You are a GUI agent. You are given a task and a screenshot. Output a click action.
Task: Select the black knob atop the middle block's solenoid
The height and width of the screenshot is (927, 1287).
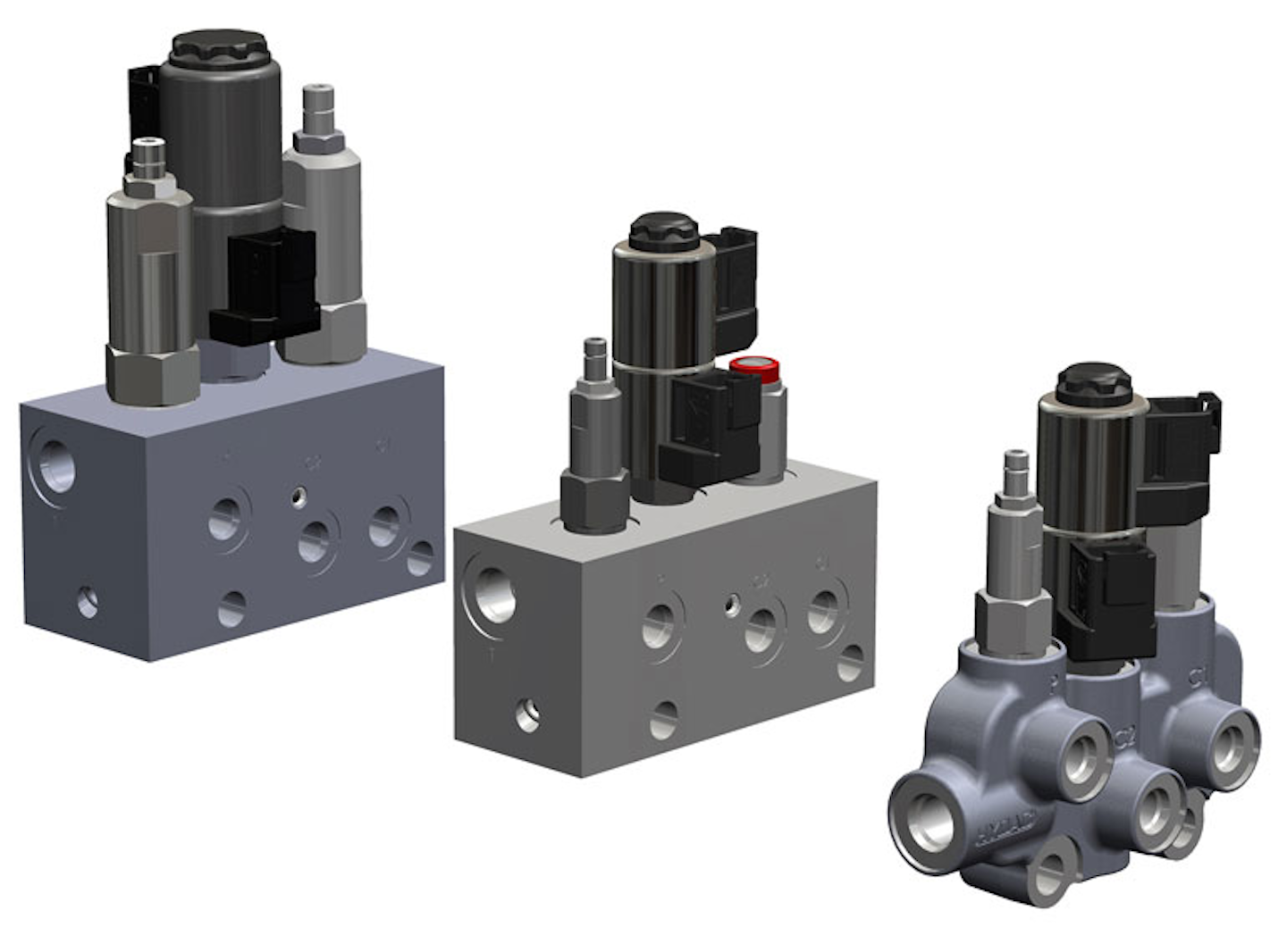[662, 230]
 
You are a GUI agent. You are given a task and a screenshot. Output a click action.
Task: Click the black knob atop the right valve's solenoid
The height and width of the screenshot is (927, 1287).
[1093, 382]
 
